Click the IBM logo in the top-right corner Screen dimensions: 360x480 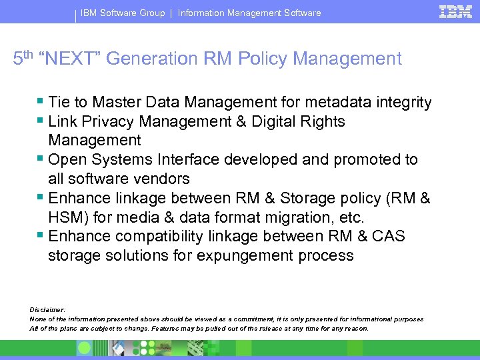pos(455,11)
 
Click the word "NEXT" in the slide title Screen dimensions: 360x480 pos(71,59)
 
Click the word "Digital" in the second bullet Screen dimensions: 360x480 pos(275,122)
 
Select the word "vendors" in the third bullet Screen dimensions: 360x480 pos(162,179)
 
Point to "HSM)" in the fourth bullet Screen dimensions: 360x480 pos(66,217)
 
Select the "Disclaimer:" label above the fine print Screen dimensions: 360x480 pos(47,310)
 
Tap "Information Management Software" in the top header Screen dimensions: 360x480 pos(249,13)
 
